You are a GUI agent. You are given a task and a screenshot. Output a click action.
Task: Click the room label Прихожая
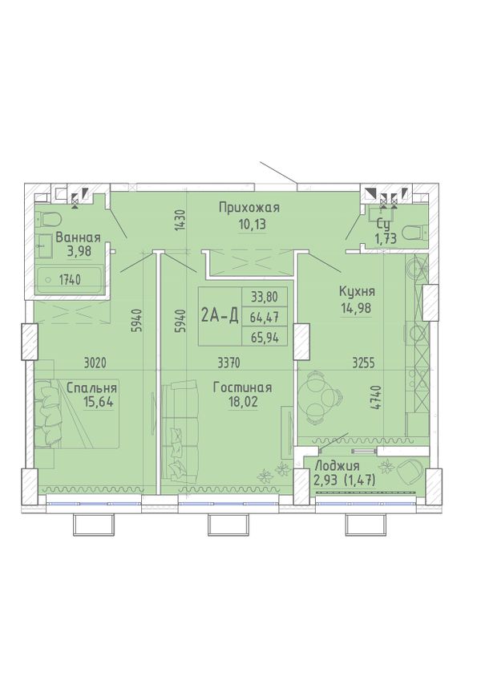click(249, 208)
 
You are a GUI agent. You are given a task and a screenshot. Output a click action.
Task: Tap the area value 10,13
click(252, 225)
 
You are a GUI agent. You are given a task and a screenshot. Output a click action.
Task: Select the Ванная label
click(78, 237)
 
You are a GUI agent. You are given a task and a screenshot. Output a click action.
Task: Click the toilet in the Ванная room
click(48, 219)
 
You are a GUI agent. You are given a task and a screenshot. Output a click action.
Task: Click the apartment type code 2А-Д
click(220, 316)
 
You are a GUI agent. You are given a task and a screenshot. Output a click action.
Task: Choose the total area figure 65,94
click(264, 338)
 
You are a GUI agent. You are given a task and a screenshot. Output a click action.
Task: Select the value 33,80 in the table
click(264, 298)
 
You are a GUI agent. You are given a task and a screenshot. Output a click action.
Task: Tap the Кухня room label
click(357, 292)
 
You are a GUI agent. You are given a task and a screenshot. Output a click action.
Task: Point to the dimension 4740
click(378, 397)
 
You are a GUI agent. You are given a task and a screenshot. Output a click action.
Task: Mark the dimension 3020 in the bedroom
click(95, 363)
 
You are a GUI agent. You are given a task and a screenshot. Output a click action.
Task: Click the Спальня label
click(91, 388)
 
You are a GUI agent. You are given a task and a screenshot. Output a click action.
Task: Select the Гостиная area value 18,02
click(243, 402)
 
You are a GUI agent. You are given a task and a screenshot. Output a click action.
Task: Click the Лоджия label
click(337, 466)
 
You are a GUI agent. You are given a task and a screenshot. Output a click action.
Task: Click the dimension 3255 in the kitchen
click(363, 363)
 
